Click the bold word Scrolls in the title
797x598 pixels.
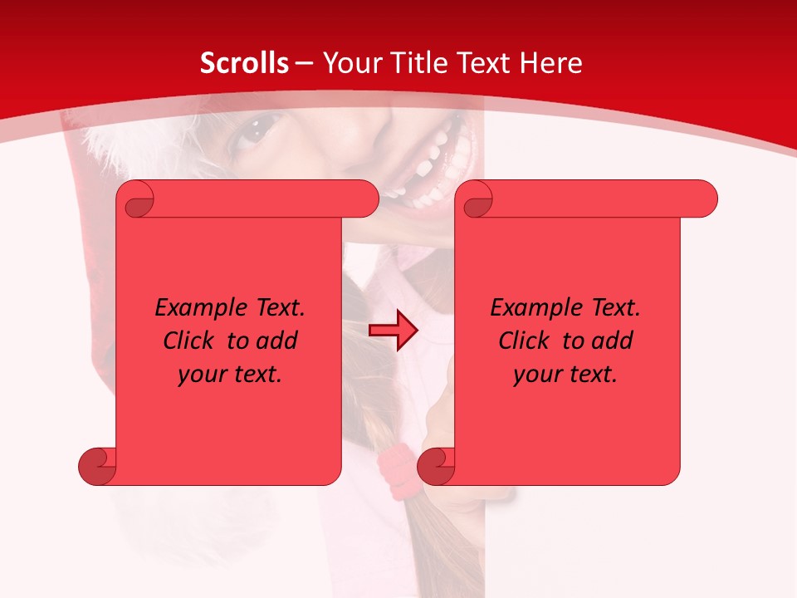(x=244, y=63)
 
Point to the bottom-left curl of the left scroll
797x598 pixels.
(x=98, y=467)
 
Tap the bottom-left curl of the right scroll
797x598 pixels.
(x=437, y=467)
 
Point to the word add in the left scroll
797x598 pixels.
(x=277, y=341)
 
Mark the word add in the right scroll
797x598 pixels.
(x=613, y=341)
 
